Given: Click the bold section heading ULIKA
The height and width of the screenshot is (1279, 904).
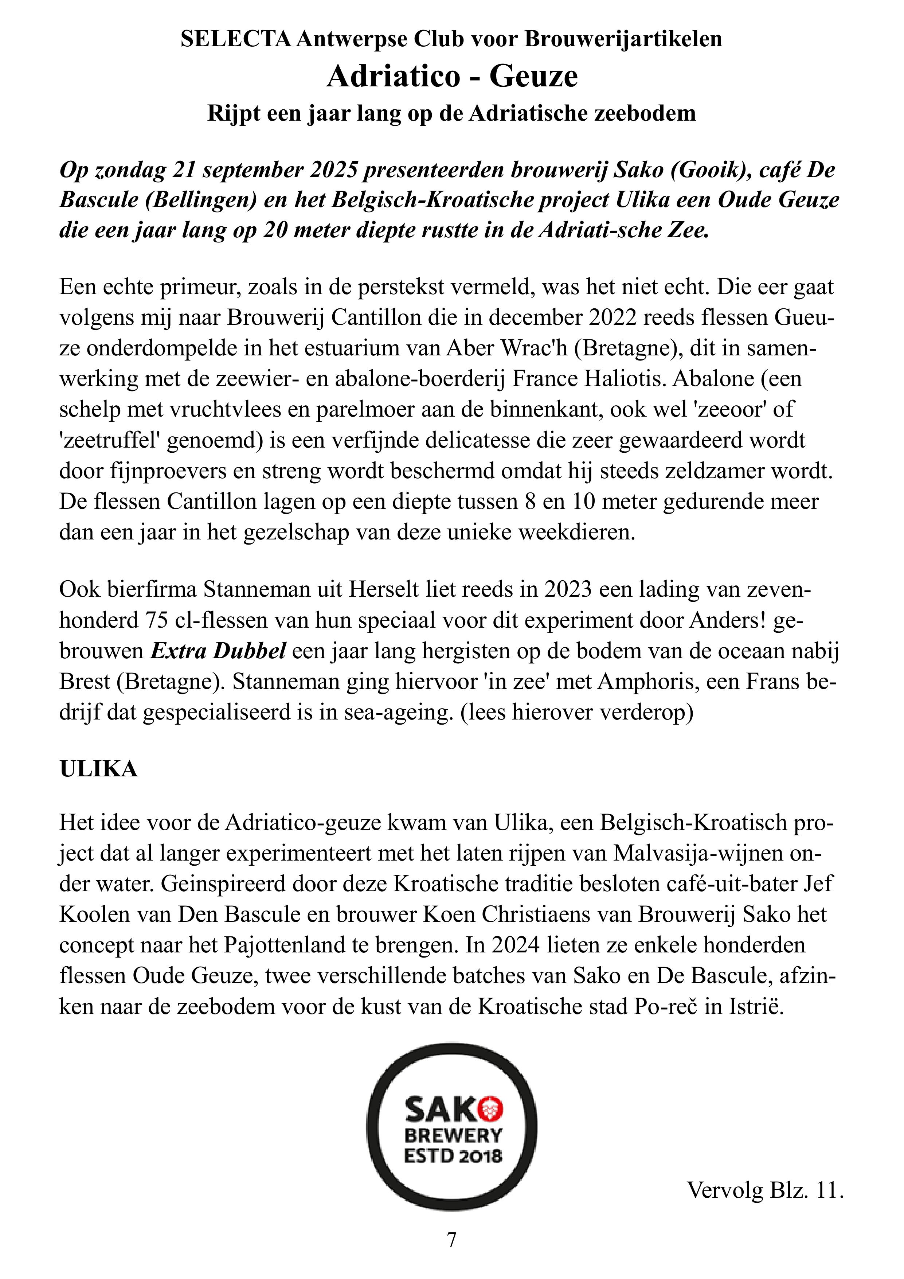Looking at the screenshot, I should coord(99,769).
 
